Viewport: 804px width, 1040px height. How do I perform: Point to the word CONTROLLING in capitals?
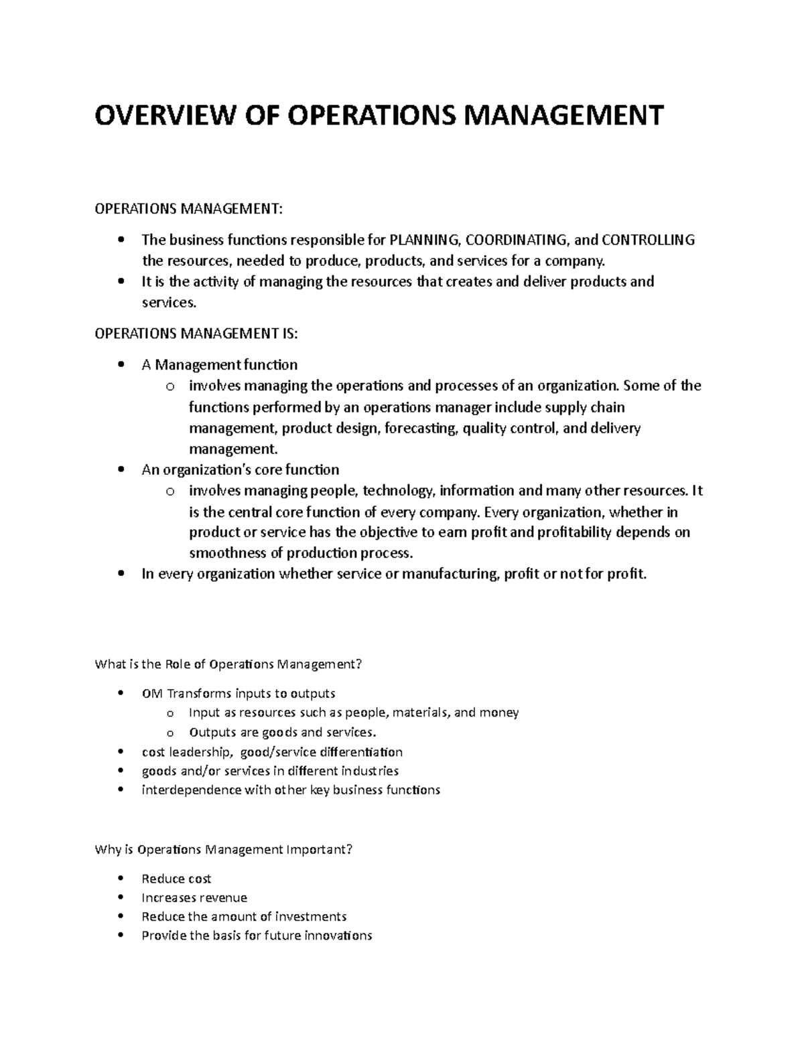tap(648, 240)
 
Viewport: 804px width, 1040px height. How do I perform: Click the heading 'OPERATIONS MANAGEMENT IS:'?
tap(195, 333)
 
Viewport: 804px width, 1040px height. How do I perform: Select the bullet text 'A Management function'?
tap(220, 365)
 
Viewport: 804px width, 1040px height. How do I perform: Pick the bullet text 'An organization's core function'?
tap(241, 469)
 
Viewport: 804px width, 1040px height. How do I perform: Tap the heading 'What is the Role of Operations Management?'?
tap(229, 664)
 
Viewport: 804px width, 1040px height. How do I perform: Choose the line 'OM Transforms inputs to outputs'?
tap(239, 693)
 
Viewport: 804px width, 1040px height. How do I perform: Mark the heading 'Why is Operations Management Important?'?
tap(223, 850)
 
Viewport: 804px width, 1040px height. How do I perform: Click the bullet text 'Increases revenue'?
tap(194, 897)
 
